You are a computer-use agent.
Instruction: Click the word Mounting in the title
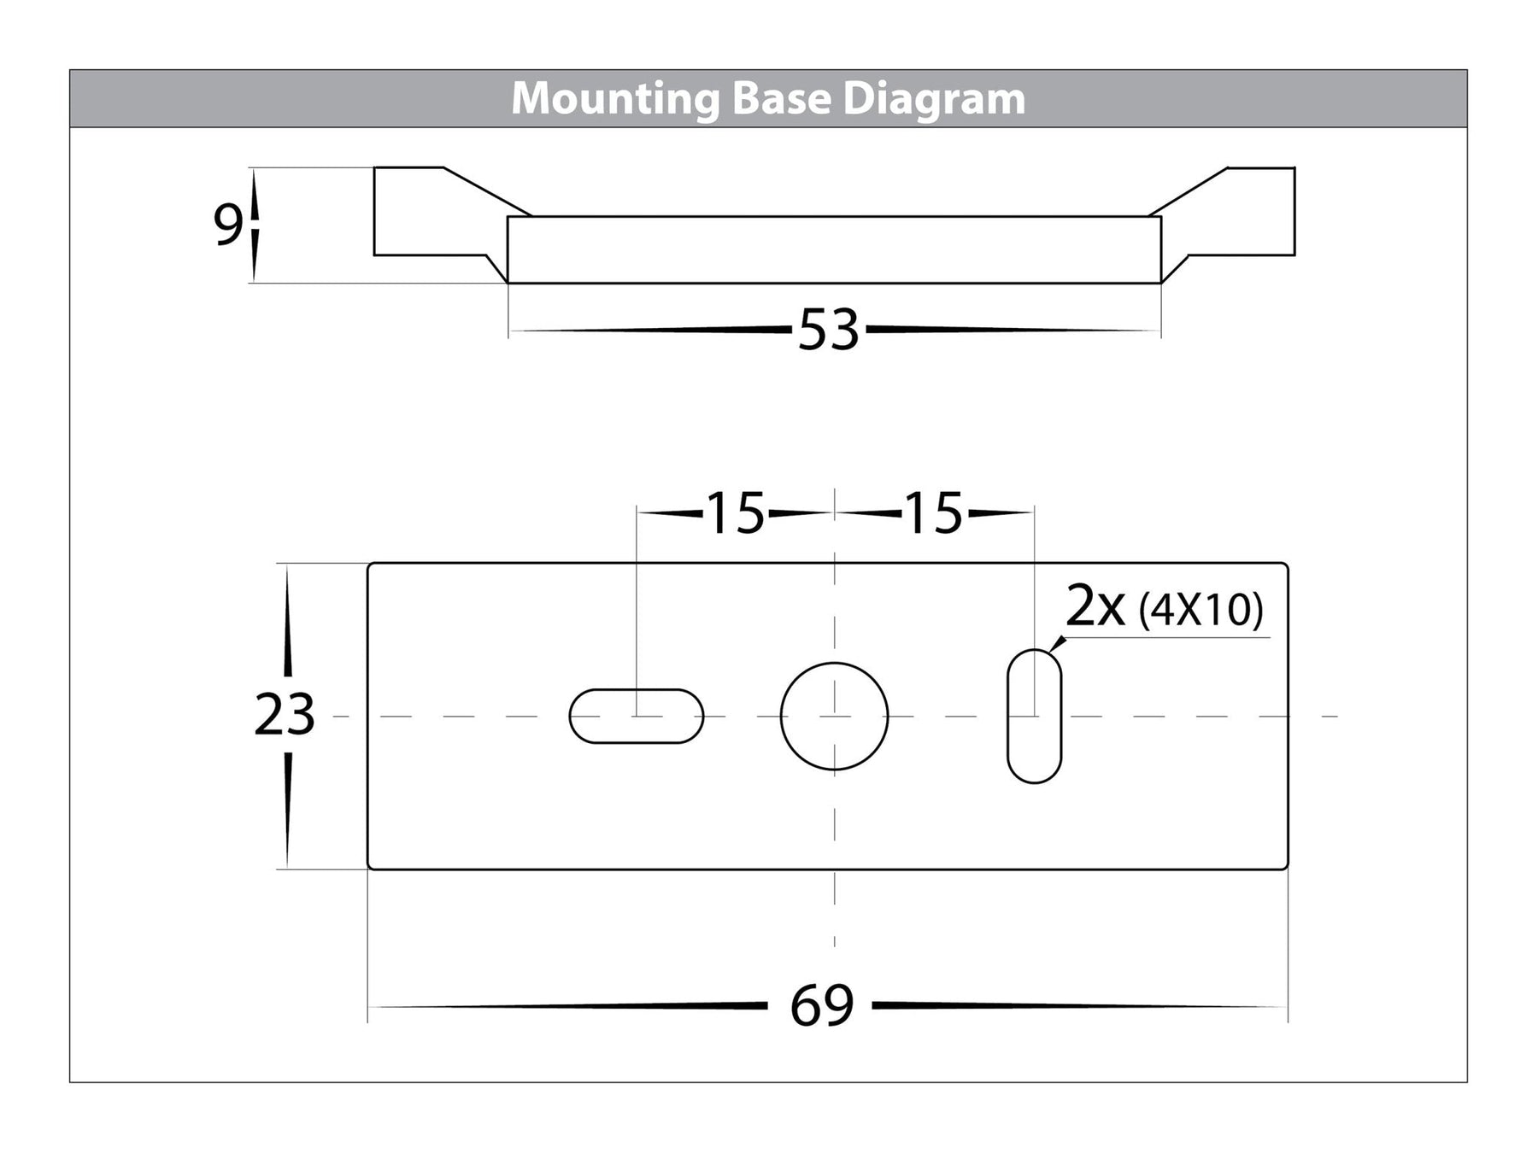tap(615, 99)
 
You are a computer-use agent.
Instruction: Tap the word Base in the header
tap(781, 99)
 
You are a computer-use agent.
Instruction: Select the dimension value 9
tap(226, 225)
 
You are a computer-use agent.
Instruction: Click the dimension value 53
tap(828, 331)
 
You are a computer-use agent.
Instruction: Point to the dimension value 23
tap(285, 715)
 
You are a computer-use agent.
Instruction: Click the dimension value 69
tap(821, 1005)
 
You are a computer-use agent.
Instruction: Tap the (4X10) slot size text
tap(1200, 610)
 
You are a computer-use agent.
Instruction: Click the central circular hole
tap(834, 716)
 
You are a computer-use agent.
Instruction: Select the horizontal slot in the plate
tap(636, 716)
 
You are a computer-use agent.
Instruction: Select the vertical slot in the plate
tap(1034, 716)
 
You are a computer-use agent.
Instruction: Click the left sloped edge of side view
tap(487, 191)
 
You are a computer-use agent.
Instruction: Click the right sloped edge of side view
tap(1188, 191)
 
